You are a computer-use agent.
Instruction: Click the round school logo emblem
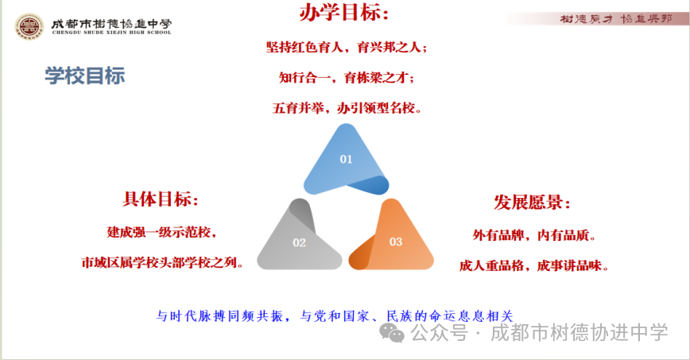pyautogui.click(x=30, y=26)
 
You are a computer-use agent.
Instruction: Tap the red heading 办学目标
pyautogui.click(x=344, y=14)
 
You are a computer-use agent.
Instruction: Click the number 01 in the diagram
pyautogui.click(x=346, y=159)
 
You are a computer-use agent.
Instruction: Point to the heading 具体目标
pyautogui.click(x=161, y=199)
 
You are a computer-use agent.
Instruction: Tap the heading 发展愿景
pyautogui.click(x=533, y=202)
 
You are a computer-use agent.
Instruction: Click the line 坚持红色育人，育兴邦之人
pyautogui.click(x=346, y=47)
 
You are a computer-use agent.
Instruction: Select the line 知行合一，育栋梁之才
pyautogui.click(x=346, y=77)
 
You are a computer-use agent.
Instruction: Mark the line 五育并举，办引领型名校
pyautogui.click(x=346, y=107)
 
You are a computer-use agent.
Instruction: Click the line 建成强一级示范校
pyautogui.click(x=161, y=232)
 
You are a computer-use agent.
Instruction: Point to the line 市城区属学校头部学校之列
pyautogui.click(x=162, y=261)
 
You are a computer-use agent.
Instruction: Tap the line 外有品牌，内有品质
pyautogui.click(x=533, y=235)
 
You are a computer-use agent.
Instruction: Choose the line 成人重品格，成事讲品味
pyautogui.click(x=533, y=265)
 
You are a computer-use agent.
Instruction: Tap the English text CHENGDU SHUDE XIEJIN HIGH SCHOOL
pyautogui.click(x=110, y=32)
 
